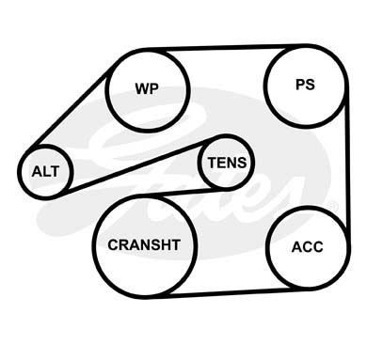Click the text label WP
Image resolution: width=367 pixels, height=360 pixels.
point(147,88)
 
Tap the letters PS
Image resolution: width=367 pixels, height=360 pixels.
point(305,85)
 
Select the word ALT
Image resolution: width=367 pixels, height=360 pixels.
point(45,171)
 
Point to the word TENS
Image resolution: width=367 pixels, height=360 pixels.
point(227,163)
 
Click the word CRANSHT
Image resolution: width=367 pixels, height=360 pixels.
point(144,244)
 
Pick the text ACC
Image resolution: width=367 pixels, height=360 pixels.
point(308,247)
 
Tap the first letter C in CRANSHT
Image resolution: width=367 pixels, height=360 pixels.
point(113,244)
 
